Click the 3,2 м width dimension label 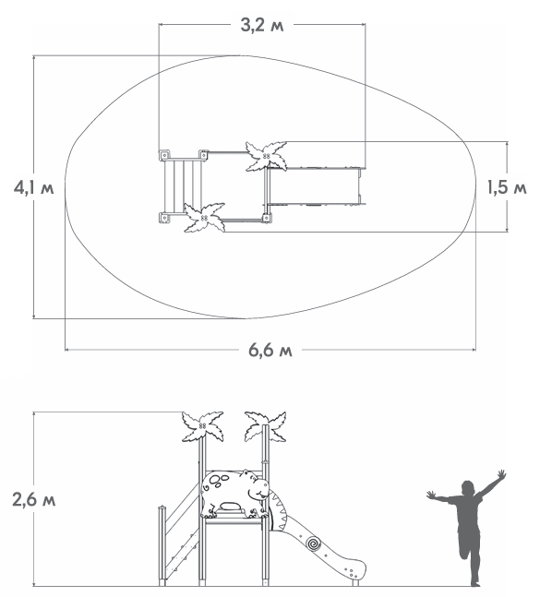pyautogui.click(x=262, y=26)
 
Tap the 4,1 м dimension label pyautogui.click(x=33, y=187)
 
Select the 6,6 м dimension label pyautogui.click(x=270, y=350)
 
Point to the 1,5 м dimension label pyautogui.click(x=507, y=187)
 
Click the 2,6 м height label pyautogui.click(x=34, y=499)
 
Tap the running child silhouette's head pyautogui.click(x=468, y=488)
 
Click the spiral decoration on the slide pyautogui.click(x=314, y=543)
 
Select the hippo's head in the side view pyautogui.click(x=257, y=484)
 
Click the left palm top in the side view pyautogui.click(x=202, y=426)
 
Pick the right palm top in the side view pyautogui.click(x=266, y=426)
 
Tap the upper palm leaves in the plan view pyautogui.click(x=266, y=156)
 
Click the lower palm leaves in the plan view pyautogui.click(x=205, y=218)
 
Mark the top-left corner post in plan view pyautogui.click(x=164, y=155)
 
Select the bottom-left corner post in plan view pyautogui.click(x=164, y=218)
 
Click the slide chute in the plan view pyautogui.click(x=315, y=186)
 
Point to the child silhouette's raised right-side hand pyautogui.click(x=501, y=474)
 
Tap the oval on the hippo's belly pyautogui.click(x=231, y=507)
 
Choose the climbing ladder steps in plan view pyautogui.click(x=183, y=186)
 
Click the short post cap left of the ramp pyautogui.click(x=162, y=508)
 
